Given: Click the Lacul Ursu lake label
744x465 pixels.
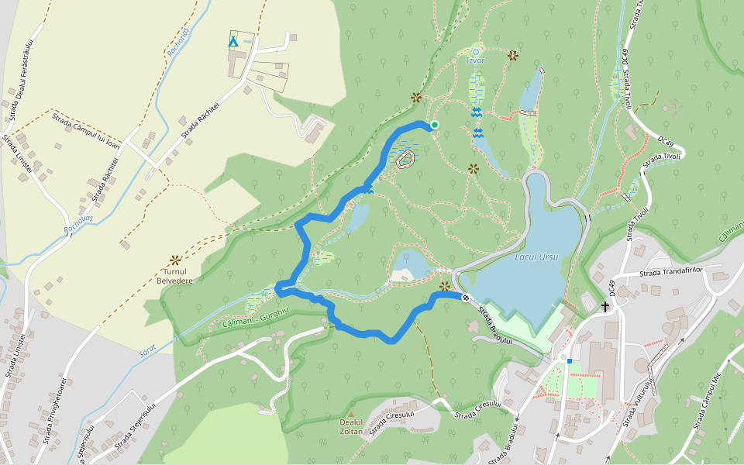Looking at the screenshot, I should tap(536, 256).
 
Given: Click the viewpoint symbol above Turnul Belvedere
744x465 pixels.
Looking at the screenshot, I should tap(175, 260).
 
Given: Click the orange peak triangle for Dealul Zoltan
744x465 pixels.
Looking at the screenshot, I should tap(351, 414).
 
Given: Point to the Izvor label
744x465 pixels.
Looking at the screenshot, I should tap(476, 60).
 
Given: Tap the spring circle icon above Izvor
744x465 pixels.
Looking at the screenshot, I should tap(476, 51).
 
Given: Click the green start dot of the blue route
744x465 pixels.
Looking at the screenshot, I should tap(435, 125).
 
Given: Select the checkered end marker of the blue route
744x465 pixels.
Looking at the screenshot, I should tap(466, 298).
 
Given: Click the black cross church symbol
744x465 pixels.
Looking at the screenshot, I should tap(605, 306).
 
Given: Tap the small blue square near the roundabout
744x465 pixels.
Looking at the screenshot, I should tap(569, 360).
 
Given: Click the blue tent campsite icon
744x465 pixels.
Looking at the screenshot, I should tap(232, 40).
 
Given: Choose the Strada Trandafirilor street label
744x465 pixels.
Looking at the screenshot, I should tap(670, 272).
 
